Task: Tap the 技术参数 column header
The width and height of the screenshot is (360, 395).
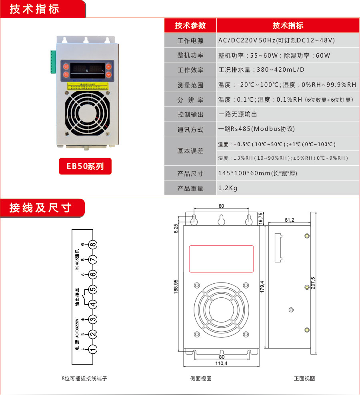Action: pos(190,26)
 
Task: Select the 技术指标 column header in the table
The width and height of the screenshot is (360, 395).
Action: pos(288,26)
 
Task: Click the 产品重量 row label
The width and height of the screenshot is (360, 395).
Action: pos(190,188)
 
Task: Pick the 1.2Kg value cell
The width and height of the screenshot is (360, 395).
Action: pos(228,188)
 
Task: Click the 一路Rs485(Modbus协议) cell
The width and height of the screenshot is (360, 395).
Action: pos(256,129)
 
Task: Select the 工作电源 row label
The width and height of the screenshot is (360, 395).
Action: pos(190,41)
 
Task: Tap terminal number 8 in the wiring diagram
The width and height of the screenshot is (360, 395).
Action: pos(93,245)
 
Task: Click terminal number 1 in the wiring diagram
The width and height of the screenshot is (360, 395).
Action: pos(93,349)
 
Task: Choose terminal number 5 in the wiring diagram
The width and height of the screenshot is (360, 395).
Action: pos(93,289)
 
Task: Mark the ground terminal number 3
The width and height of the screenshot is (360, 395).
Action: pos(93,319)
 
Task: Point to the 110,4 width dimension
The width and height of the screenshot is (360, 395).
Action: pos(221,363)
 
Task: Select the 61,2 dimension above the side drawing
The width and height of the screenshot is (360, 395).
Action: pos(290,220)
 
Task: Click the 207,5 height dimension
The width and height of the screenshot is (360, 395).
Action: pos(313,283)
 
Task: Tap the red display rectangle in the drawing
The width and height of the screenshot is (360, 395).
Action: pos(221,259)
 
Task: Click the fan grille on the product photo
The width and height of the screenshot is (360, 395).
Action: pos(86,116)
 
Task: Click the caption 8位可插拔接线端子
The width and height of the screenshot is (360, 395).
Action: pos(84,378)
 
